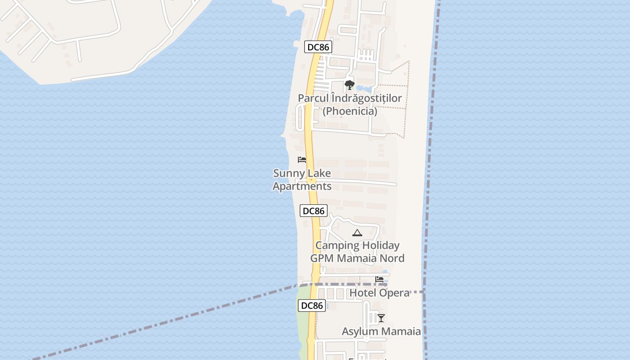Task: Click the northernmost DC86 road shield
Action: tap(318, 47)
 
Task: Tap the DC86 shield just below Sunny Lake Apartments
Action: tap(314, 211)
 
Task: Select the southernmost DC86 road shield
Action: tap(311, 306)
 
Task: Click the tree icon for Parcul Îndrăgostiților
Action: tap(349, 85)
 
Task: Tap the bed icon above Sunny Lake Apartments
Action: tap(302, 160)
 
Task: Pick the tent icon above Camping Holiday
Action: tap(357, 233)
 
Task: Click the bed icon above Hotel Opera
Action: tap(379, 279)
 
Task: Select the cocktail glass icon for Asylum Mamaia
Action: tap(381, 318)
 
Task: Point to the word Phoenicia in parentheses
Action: tap(350, 111)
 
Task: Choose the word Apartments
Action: tap(302, 186)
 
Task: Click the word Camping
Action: tap(337, 246)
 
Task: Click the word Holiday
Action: tap(379, 246)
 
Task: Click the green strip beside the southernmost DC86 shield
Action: tap(303, 315)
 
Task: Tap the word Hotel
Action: tap(362, 293)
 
